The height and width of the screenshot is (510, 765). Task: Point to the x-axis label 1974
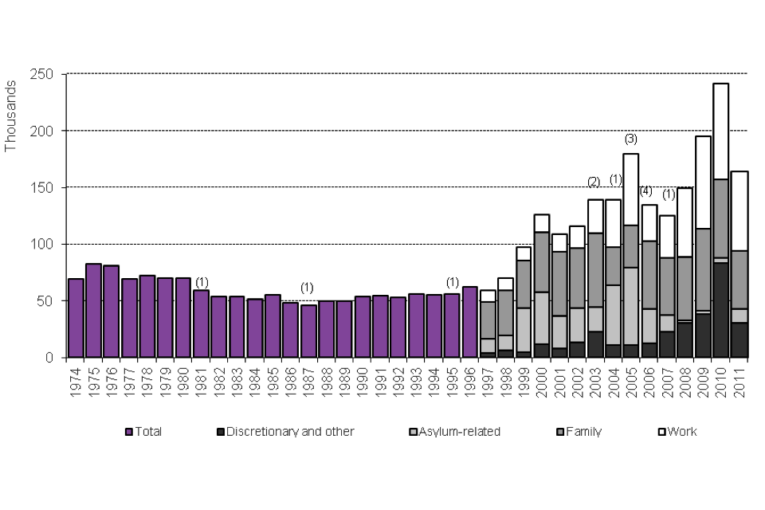coord(76,380)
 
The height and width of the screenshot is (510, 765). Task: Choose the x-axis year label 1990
coord(363,380)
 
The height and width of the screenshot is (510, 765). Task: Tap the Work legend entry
coord(682,432)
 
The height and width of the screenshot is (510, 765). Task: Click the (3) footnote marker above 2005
coord(630,139)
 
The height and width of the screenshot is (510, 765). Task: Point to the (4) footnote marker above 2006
coord(646,190)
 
